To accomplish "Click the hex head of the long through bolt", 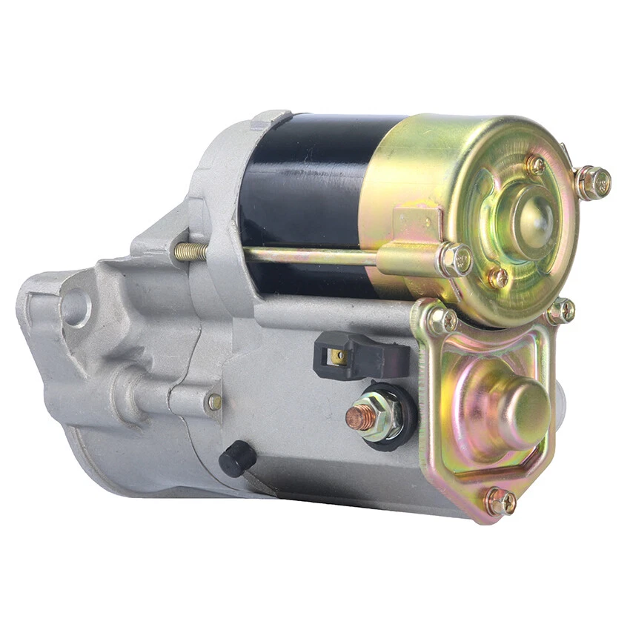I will point(454,259).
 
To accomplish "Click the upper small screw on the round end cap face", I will point(535,164).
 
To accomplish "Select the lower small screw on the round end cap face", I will point(498,278).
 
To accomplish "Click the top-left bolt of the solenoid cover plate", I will point(444,320).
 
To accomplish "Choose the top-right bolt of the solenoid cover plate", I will point(561,311).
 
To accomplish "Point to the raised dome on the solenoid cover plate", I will point(522,403).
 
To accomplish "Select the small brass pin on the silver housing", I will point(214,401).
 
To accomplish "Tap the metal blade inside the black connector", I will point(338,356).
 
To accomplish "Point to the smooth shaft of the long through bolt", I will point(311,256).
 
